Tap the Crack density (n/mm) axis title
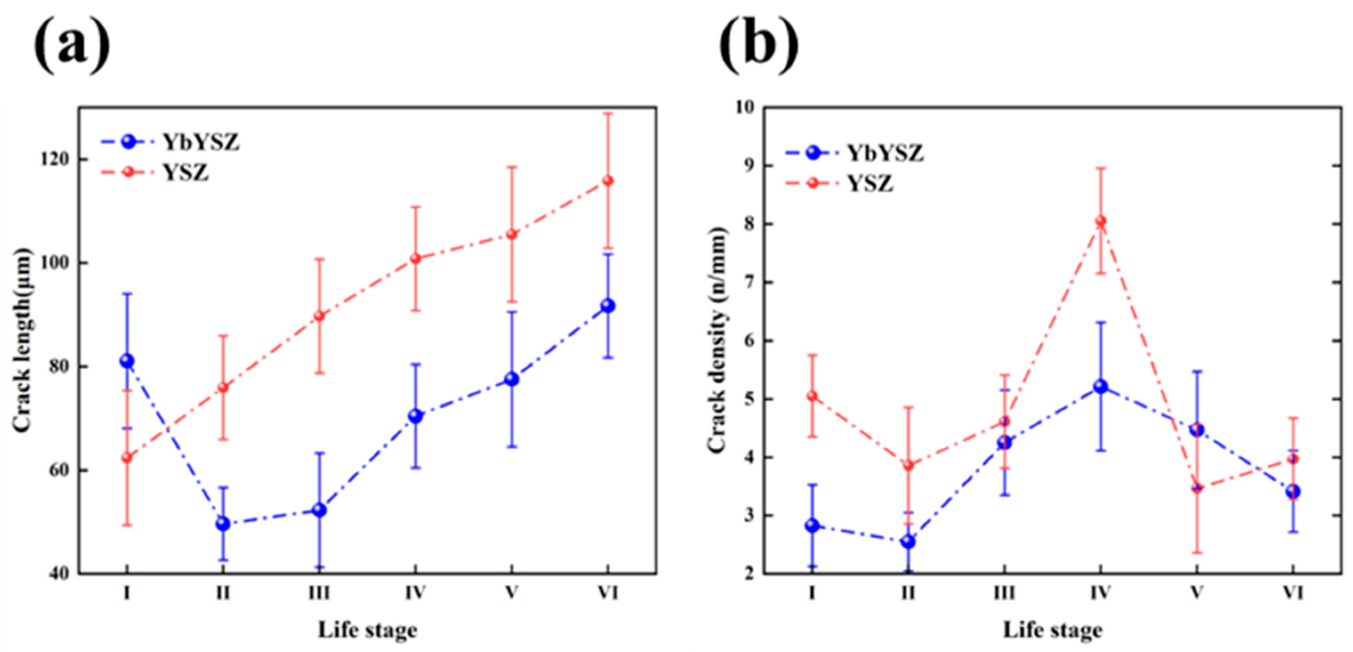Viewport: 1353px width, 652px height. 717,340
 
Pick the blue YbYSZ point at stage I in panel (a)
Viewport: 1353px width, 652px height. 127,361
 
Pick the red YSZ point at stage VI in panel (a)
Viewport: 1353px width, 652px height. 608,181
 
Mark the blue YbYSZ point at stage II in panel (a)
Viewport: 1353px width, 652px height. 223,523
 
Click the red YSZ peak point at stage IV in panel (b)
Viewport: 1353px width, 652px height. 1101,221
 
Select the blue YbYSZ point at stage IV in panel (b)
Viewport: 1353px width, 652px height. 1100,387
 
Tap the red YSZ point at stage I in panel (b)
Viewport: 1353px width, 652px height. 813,396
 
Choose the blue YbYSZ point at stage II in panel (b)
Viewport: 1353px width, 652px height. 908,541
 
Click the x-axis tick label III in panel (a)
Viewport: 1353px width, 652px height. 319,593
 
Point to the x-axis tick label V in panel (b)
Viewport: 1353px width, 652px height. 1196,593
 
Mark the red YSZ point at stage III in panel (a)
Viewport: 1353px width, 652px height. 319,316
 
